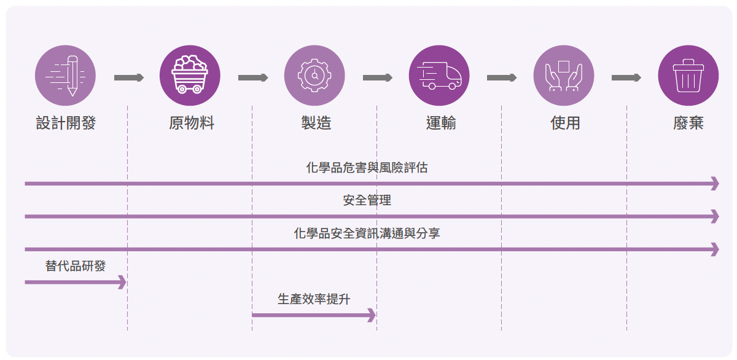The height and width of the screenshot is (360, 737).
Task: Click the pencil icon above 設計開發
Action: [66, 76]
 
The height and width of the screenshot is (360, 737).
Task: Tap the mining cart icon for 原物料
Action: [190, 76]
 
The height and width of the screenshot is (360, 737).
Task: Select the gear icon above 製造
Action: [314, 76]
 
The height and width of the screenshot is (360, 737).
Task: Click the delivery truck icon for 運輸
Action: [439, 76]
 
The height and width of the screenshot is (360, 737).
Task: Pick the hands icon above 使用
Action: [564, 76]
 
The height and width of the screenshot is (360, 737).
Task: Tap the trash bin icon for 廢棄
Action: [688, 76]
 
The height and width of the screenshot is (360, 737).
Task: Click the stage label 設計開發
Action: [66, 123]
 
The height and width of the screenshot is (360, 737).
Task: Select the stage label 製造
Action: [316, 123]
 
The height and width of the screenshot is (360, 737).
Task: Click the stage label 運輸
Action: [441, 123]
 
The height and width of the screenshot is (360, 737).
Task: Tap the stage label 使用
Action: [565, 123]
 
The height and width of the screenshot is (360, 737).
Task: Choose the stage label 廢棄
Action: [688, 123]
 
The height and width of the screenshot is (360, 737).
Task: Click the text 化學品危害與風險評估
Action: [367, 168]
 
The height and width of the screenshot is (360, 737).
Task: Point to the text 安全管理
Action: [367, 200]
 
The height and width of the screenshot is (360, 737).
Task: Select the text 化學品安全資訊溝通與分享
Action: [367, 233]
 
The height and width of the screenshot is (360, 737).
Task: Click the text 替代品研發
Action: [76, 266]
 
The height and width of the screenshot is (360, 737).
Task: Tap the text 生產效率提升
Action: [314, 299]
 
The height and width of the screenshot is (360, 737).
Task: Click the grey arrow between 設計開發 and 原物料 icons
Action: [128, 77]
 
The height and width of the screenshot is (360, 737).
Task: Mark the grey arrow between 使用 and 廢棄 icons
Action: [626, 77]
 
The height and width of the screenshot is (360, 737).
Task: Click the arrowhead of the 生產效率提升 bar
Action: [371, 315]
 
